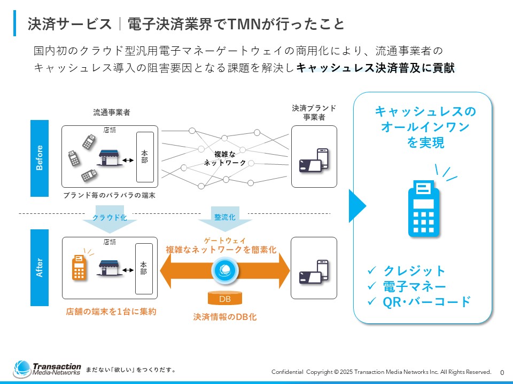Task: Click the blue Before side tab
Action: tap(40, 158)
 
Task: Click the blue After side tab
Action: tap(40, 267)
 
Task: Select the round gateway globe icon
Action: tap(224, 270)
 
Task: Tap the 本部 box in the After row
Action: tap(144, 268)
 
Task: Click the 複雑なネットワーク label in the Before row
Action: tap(225, 158)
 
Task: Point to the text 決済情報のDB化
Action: tap(224, 317)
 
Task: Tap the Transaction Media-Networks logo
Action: tap(47, 369)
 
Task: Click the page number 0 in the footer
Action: tap(502, 372)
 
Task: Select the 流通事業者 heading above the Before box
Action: tap(112, 113)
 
